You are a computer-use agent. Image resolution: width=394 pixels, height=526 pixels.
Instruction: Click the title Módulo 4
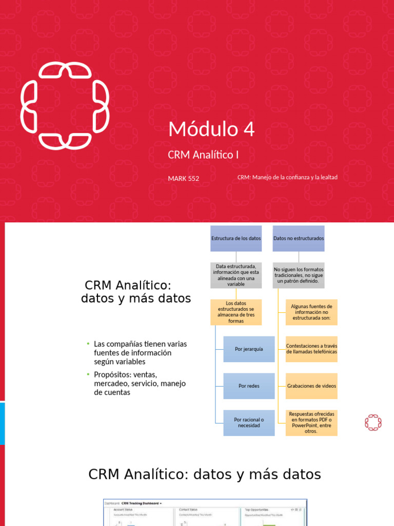[211, 129]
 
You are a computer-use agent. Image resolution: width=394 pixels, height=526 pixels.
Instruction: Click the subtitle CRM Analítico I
[203, 154]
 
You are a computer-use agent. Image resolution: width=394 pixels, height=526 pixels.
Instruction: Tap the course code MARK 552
[183, 179]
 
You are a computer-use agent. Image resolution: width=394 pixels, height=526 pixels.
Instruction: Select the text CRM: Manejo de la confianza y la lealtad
[287, 177]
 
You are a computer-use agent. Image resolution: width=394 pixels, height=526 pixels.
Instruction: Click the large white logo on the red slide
[65, 106]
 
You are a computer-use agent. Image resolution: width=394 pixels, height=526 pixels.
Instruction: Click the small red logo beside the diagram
[373, 422]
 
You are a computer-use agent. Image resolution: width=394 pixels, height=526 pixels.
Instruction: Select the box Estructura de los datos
[236, 238]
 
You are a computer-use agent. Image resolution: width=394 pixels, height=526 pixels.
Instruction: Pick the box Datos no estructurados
[299, 238]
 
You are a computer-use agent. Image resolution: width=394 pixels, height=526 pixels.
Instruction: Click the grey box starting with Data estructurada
[236, 275]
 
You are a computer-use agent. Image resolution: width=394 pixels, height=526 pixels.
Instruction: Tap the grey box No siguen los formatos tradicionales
[299, 275]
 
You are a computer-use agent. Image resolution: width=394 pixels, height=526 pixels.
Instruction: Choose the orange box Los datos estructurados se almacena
[236, 312]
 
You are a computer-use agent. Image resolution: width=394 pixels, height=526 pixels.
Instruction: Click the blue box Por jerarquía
[249, 349]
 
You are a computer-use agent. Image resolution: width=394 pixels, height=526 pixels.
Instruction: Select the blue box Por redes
[249, 386]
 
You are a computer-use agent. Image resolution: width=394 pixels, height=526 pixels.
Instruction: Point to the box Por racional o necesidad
[249, 423]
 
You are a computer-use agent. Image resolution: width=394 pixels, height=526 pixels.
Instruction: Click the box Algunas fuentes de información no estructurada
[311, 312]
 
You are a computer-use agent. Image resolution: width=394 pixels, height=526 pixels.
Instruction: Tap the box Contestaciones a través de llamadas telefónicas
[311, 349]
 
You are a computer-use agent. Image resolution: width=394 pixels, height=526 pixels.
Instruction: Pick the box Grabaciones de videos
[311, 386]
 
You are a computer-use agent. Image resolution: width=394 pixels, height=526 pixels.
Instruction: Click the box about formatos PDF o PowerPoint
[311, 423]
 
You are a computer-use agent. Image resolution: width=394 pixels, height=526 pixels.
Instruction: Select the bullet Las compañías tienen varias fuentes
[140, 353]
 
